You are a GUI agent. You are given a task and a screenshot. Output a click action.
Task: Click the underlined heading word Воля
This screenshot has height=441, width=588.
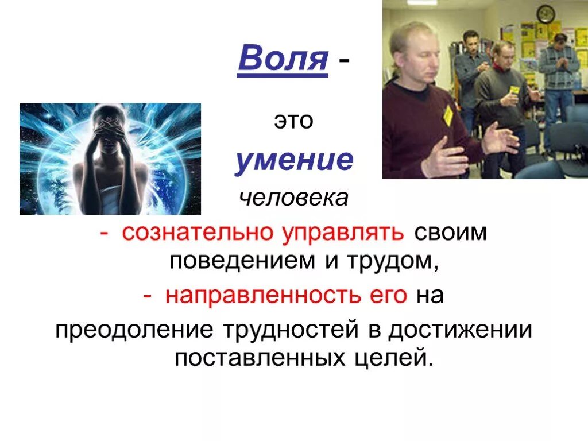coord(283,60)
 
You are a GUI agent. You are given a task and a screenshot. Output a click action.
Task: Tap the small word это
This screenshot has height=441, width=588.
coord(293,122)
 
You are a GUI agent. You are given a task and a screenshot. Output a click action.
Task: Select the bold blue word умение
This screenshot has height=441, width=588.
coord(293,161)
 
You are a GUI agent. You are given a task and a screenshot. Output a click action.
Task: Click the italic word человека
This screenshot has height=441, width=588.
coord(293,198)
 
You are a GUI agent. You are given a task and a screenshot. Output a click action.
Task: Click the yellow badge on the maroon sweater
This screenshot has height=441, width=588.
coord(448,114)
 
